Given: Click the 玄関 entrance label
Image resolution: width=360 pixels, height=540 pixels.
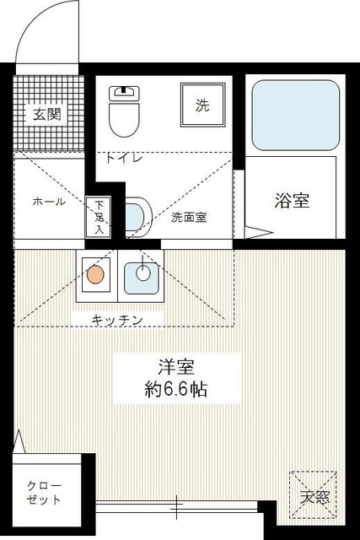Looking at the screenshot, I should tap(46, 116).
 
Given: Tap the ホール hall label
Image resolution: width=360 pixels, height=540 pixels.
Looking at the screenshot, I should tap(48, 202).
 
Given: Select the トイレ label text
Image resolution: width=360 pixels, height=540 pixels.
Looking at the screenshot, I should tap(123, 157).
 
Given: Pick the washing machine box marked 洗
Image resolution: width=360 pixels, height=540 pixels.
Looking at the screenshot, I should tap(202, 105).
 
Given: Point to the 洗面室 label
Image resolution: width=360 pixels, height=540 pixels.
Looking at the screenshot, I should tap(189, 217).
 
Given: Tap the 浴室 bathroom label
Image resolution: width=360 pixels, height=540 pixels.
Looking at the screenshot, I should tap(292, 201).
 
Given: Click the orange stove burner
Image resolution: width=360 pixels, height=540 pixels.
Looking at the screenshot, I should tap(95, 273).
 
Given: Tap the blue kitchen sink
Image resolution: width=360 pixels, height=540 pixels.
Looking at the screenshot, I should tap(141, 274).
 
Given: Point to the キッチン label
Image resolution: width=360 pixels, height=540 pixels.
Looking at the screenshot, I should tap(117, 319).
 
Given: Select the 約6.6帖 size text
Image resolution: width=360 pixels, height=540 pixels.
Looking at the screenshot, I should tap(176, 390).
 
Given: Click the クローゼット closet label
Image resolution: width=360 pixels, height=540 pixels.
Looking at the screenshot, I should tap(44, 492).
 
